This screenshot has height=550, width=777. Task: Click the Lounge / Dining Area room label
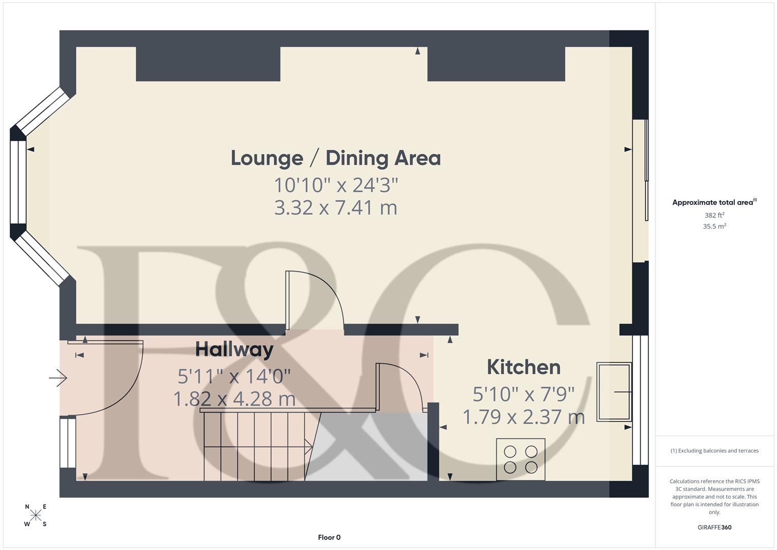(335, 158)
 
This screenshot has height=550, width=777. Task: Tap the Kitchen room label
(524, 367)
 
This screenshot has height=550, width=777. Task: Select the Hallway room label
(234, 350)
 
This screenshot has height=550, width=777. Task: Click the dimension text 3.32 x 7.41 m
(335, 208)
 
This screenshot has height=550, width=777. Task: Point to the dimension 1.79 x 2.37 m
(524, 417)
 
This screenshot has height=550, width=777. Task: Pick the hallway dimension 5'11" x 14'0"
(234, 376)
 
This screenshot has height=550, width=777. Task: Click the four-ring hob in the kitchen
(521, 459)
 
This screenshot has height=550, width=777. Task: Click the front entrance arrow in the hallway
(58, 378)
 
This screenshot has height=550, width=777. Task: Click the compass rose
(36, 515)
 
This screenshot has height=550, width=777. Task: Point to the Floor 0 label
(329, 537)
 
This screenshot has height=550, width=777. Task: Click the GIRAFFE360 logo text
(714, 527)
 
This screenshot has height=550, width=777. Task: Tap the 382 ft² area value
(714, 215)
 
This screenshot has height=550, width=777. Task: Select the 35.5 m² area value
(714, 227)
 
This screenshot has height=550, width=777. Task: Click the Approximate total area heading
(714, 202)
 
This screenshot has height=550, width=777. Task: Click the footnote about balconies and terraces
(714, 451)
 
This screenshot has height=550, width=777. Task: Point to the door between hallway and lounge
(314, 300)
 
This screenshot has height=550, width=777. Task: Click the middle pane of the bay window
(18, 182)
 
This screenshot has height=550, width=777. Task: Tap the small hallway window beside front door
(68, 442)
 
